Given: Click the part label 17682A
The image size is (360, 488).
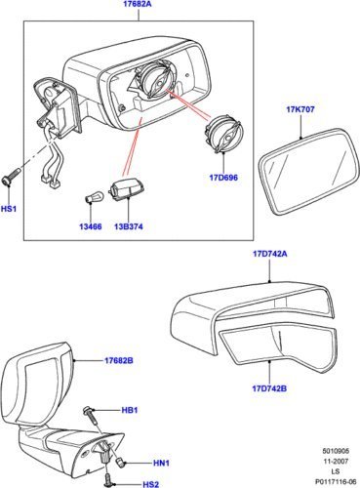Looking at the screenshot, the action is click(x=138, y=5).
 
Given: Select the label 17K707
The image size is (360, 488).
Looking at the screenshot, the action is click(x=300, y=109).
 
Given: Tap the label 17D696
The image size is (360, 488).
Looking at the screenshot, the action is click(x=223, y=178).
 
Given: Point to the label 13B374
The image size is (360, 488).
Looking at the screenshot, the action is click(x=129, y=226).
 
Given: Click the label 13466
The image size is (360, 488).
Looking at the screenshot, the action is click(x=91, y=226).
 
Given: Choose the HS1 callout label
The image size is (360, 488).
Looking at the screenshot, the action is click(x=9, y=209).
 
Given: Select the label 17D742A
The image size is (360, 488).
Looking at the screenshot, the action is click(x=270, y=254).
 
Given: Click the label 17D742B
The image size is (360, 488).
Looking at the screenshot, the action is click(x=269, y=388).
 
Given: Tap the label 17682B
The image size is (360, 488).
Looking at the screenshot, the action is click(x=119, y=361).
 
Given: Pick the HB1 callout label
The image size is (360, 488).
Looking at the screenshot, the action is click(x=130, y=410).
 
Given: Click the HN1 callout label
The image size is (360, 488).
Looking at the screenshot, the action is click(x=161, y=463).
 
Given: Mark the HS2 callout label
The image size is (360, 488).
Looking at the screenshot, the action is click(x=151, y=484).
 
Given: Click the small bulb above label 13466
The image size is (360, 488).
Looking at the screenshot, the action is click(x=90, y=197).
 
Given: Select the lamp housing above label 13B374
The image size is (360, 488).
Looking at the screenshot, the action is click(x=127, y=191).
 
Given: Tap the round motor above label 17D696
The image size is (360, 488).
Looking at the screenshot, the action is click(x=224, y=135).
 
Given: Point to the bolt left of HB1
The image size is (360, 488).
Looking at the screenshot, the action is click(x=91, y=415).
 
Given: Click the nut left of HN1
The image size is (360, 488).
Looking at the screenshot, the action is click(x=121, y=462).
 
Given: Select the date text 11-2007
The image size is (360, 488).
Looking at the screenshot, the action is click(x=336, y=461).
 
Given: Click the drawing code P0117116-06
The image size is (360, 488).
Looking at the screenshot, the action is click(x=336, y=481).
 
